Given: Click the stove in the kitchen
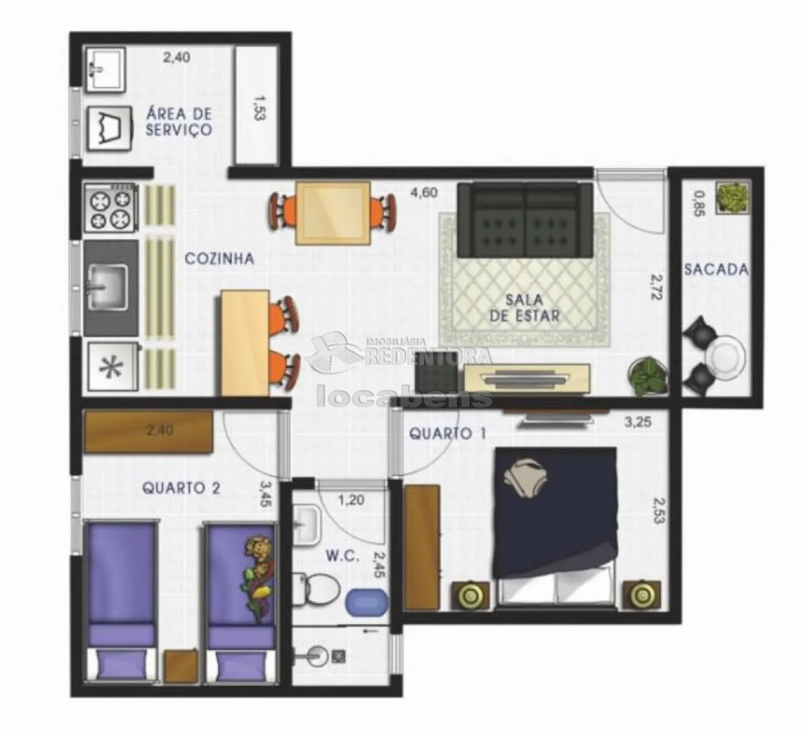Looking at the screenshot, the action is tap(111, 207).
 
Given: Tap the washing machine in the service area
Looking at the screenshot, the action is tap(110, 129).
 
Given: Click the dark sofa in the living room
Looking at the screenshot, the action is tap(525, 220).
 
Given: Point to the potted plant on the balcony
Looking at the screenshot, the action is tap(733, 198).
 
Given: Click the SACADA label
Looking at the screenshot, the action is tap(716, 269).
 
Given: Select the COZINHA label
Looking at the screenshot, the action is tap(219, 258).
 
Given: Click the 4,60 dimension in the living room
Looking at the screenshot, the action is tap(424, 192).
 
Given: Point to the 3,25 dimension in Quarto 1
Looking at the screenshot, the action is tap(638, 422).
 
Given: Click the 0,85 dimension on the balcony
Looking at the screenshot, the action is tap(699, 204).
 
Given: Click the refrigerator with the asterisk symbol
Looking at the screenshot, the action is tap(113, 367).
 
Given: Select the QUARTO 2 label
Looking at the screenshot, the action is tap(181, 488).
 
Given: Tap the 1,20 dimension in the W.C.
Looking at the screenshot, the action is tap(351, 500).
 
